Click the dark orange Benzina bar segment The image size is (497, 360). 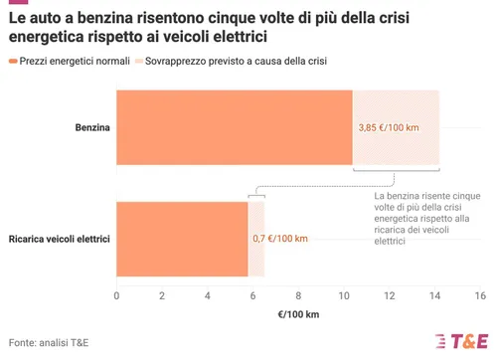click(x=235, y=127)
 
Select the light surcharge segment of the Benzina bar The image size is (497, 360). click(x=397, y=109)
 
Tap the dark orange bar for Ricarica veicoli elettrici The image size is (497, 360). click(x=182, y=239)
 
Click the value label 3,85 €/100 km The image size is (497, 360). click(x=395, y=128)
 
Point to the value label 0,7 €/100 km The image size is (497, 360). click(x=280, y=239)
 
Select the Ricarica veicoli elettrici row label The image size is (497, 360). click(x=59, y=240)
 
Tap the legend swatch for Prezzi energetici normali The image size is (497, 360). click(x=12, y=61)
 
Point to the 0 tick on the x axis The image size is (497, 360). click(x=116, y=296)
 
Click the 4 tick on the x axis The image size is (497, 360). click(x=207, y=296)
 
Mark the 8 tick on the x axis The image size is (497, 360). click(x=298, y=296)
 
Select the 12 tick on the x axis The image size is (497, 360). click(x=389, y=296)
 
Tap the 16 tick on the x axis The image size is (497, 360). click(x=479, y=296)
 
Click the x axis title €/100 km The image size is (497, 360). click(x=297, y=315)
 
